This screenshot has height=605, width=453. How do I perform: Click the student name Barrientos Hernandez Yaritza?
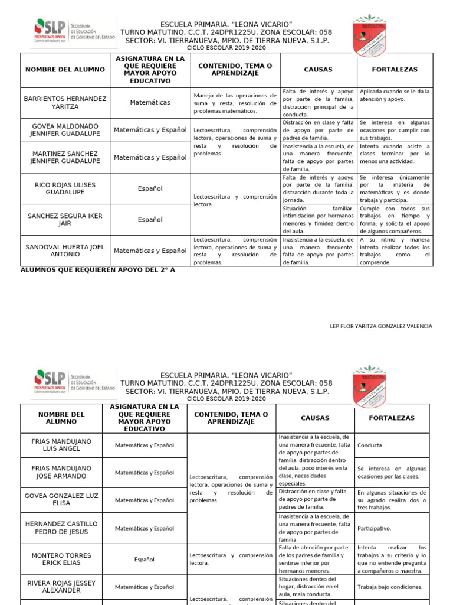click(65, 102)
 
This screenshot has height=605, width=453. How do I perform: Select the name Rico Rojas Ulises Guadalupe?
click(65, 188)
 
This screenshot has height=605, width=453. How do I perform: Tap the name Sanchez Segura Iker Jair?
click(65, 220)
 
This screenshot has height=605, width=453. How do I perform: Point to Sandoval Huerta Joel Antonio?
click(65, 251)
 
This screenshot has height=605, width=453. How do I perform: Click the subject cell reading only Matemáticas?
click(150, 102)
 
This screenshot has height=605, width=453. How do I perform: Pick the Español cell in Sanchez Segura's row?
click(150, 220)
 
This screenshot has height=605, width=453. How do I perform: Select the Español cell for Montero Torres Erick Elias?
click(145, 559)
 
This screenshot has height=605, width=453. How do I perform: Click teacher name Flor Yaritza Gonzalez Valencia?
click(380, 326)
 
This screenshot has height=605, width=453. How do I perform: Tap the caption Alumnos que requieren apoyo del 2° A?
click(98, 269)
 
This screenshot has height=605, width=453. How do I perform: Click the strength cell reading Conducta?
click(370, 445)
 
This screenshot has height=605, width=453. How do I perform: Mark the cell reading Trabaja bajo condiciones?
click(389, 587)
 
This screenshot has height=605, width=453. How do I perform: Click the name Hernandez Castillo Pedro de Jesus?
click(61, 528)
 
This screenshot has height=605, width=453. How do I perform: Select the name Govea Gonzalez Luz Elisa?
click(61, 500)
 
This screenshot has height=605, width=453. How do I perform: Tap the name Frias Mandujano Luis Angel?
click(61, 445)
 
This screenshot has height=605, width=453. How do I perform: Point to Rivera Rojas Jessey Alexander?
click(61, 586)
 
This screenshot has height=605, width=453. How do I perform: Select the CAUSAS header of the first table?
click(318, 69)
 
